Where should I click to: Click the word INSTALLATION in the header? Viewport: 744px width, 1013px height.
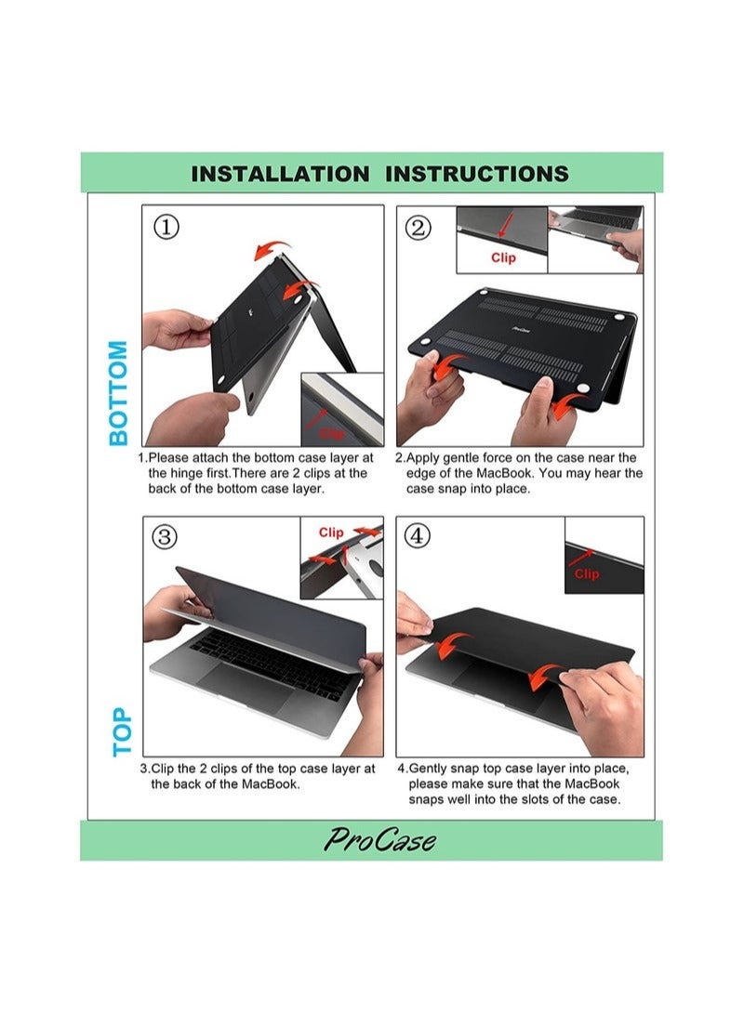tap(280, 174)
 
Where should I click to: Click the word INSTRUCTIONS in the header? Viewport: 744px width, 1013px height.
tap(477, 174)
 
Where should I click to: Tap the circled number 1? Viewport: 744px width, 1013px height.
tap(166, 227)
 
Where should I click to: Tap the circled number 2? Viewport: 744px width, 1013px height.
tap(418, 228)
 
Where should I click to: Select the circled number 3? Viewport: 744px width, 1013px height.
tap(165, 537)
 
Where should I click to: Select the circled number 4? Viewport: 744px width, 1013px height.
tap(417, 535)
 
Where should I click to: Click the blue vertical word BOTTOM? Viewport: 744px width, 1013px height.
tap(118, 393)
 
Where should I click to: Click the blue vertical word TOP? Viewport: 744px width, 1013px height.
tap(122, 731)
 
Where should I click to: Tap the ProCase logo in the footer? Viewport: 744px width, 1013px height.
tap(379, 840)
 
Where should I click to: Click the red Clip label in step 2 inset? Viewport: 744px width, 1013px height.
tap(503, 257)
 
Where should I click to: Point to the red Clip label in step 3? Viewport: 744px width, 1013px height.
tap(331, 533)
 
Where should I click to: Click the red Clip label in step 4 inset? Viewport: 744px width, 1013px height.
tap(587, 573)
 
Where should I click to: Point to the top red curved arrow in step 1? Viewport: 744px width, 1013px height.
tap(272, 249)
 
